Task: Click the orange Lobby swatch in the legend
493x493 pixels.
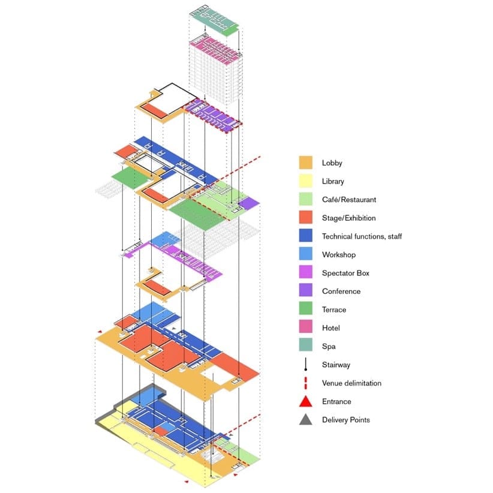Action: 306,163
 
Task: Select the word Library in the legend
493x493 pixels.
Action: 333,181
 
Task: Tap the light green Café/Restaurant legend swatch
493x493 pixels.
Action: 306,199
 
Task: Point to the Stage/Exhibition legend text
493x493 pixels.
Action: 348,218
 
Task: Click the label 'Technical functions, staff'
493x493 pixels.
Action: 362,236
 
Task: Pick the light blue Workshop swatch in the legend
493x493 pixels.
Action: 306,254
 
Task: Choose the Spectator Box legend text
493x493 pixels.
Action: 345,273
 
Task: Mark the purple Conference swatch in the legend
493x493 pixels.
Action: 306,291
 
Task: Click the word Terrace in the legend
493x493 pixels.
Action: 333,309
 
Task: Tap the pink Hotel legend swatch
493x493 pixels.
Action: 306,327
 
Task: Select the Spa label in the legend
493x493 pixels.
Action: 328,346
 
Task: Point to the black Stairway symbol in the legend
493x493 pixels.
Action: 306,364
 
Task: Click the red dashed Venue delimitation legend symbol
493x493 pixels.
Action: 306,383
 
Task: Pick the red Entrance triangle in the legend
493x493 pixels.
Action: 306,401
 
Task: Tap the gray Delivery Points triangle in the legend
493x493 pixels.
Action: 306,419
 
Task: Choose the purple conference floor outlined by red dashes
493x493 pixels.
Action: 215,115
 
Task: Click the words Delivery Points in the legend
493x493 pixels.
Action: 345,420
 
